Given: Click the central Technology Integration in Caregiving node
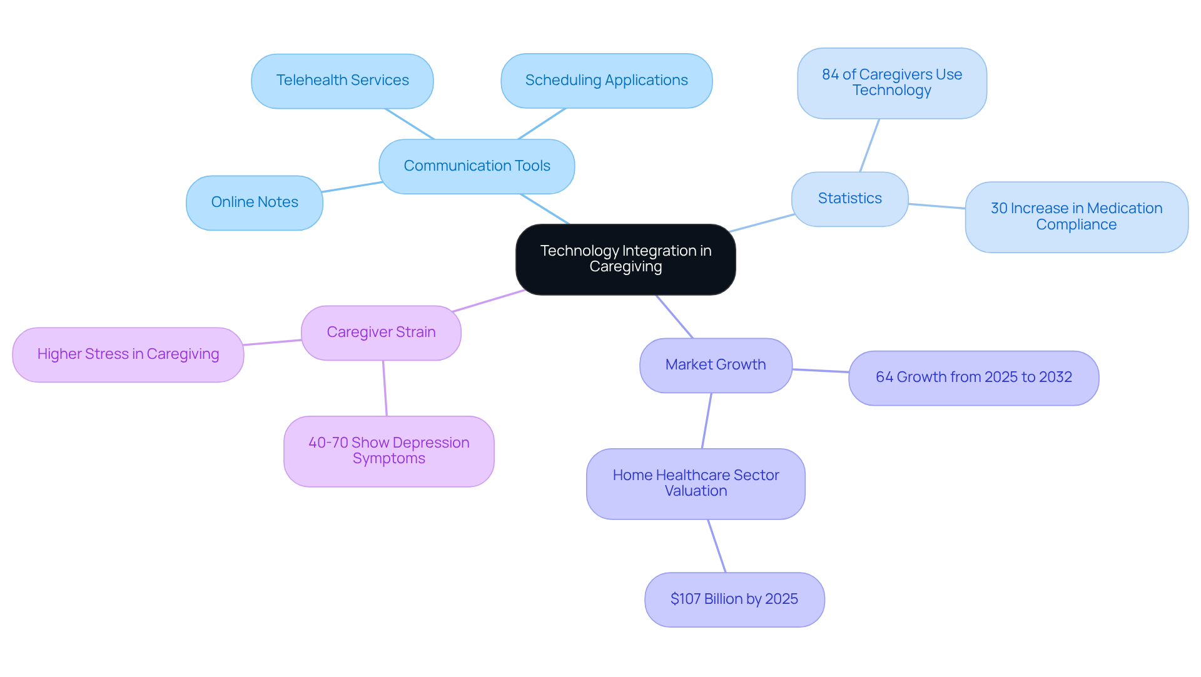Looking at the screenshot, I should (626, 259).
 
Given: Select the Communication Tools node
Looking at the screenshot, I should (477, 166).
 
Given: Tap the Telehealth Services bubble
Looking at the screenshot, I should (342, 81).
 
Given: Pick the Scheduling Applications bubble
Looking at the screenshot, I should (606, 81).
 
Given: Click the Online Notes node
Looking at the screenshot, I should (255, 203).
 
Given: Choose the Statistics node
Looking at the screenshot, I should (849, 199).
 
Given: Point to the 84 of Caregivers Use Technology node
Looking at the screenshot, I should (892, 83).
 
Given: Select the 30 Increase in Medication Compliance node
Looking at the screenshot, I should (1076, 217).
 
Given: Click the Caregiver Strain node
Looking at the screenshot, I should (381, 333).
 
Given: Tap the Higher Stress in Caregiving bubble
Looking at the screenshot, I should (128, 354).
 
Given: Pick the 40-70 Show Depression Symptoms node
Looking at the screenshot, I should (388, 451).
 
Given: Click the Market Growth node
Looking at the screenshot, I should (716, 365).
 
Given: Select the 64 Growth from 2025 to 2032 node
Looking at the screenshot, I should (973, 378).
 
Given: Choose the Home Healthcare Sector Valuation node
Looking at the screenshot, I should (696, 483).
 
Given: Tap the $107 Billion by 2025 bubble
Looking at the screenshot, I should (734, 599).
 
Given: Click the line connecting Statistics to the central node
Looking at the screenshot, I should (762, 223).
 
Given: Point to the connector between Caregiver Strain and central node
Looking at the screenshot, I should (489, 301).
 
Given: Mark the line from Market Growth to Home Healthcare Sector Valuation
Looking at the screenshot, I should (707, 420).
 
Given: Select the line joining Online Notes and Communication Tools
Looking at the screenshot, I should (352, 187).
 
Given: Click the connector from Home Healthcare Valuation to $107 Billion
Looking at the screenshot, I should (717, 546).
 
